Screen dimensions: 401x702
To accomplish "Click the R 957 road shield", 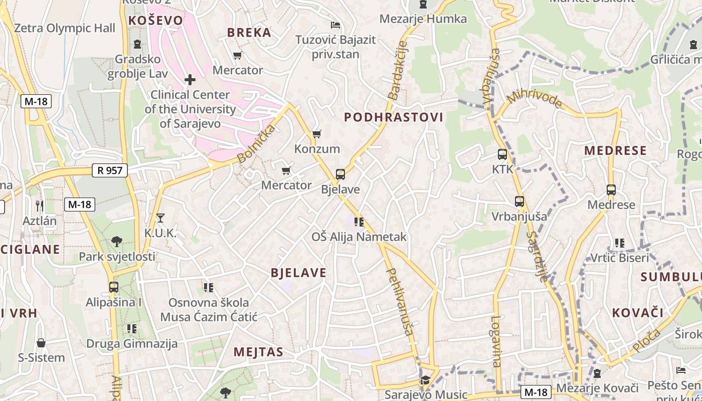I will point(110,170).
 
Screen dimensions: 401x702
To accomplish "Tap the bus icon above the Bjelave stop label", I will point(340,174).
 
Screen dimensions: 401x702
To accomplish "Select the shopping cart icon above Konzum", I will point(316,134).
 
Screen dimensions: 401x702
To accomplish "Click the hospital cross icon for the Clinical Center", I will point(190,79).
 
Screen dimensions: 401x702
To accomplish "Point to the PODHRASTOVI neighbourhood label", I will point(394,117).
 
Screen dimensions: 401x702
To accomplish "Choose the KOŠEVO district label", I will point(156,20).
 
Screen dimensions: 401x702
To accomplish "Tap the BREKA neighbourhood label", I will point(249,33).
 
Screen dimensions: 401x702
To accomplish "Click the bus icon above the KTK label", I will point(502,154).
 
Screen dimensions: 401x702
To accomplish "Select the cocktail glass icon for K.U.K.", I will point(160,218).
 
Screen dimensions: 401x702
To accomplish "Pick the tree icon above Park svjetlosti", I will point(117,241).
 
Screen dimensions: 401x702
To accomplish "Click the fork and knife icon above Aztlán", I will point(40,205).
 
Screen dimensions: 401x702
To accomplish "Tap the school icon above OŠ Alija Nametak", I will point(359,222).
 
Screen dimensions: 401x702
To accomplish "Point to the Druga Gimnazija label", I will point(132,344).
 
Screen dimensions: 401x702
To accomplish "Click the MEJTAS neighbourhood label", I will point(258,352).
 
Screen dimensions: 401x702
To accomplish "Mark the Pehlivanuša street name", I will point(400,301).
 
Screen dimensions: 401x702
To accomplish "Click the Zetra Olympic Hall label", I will point(65,28).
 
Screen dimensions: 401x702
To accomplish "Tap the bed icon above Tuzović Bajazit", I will point(335,25).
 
